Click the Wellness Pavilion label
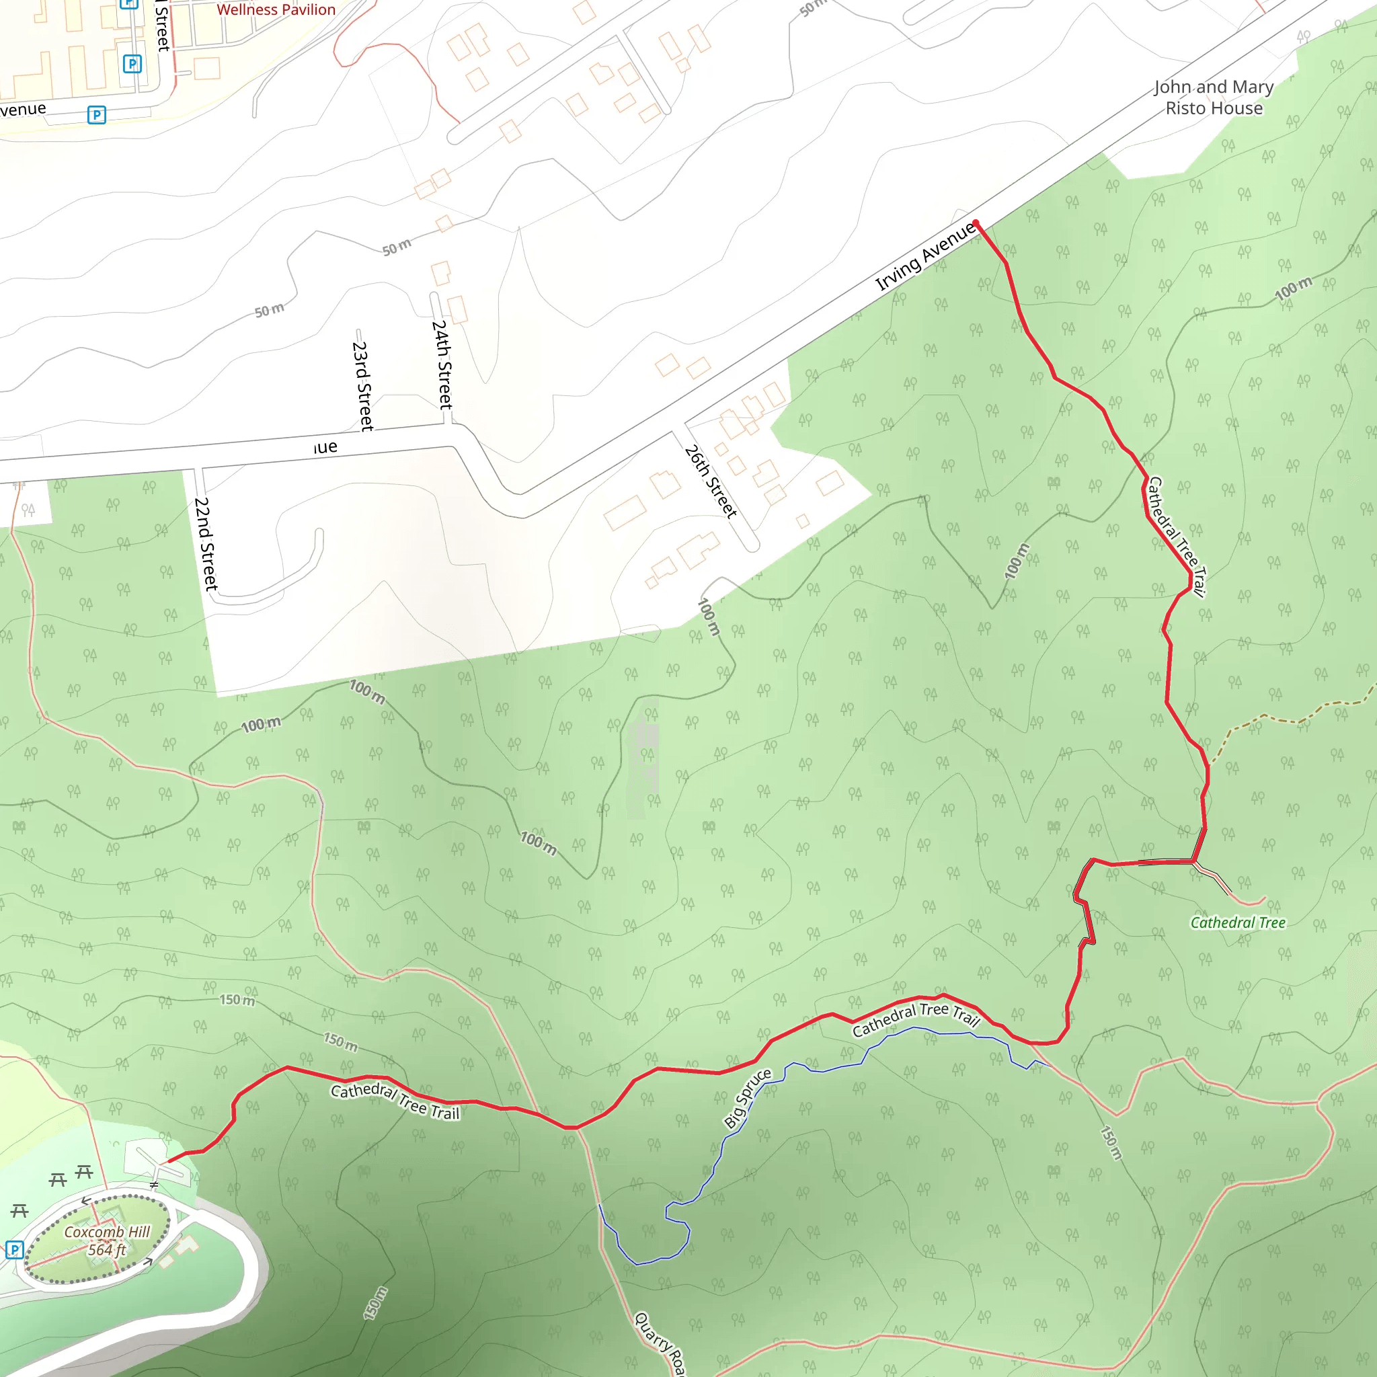tap(276, 10)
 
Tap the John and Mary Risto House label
tap(1214, 97)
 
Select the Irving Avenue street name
tap(925, 256)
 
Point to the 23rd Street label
tap(362, 385)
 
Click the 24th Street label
tap(442, 364)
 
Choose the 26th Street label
tap(710, 481)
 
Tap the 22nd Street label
tap(205, 544)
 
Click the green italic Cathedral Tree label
tap(1238, 923)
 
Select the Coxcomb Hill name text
tap(107, 1232)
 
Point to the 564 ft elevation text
tap(107, 1250)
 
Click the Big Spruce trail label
tap(747, 1099)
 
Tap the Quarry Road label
tap(660, 1343)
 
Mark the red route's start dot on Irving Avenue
tap(976, 223)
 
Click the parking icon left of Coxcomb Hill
tap(14, 1249)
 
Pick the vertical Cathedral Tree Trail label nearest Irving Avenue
tap(1175, 536)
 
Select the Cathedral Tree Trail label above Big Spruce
tap(916, 1019)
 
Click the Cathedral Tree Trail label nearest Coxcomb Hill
tap(395, 1101)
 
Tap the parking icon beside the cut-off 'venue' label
tap(97, 115)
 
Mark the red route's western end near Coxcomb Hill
tap(168, 1162)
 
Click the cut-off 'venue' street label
tap(23, 109)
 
